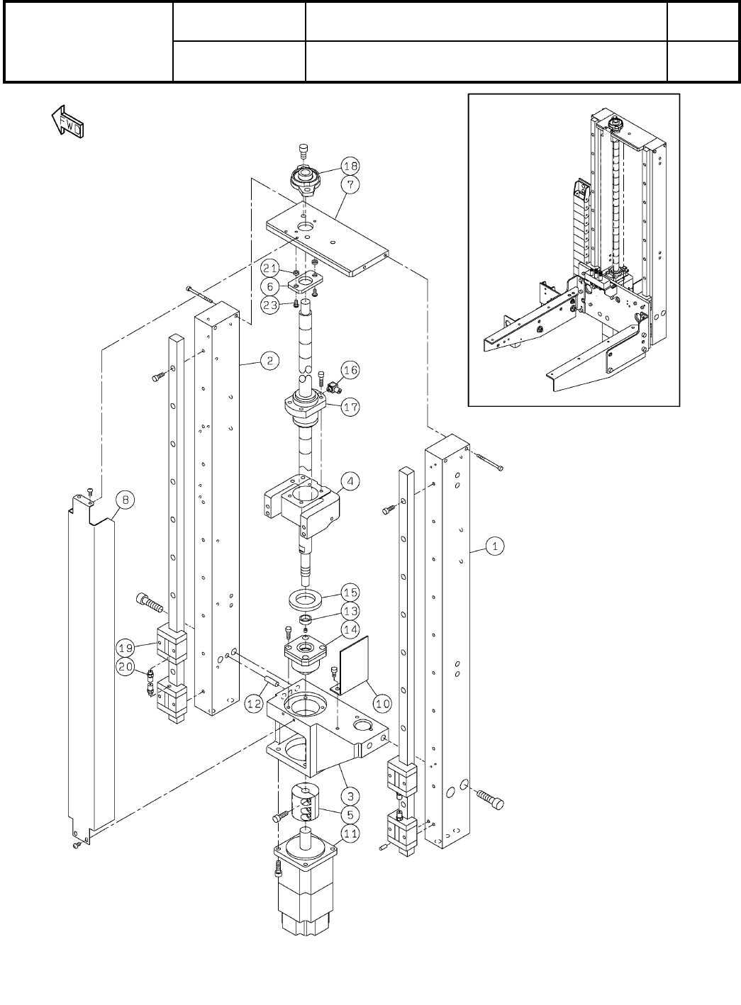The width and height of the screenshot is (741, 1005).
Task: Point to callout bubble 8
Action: tap(124, 500)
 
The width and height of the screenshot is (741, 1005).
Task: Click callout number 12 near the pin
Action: tap(255, 704)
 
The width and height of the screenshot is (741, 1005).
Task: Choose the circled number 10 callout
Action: tap(383, 703)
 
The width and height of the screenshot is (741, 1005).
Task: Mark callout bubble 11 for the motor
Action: tap(351, 833)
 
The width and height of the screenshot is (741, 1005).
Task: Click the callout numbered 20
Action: tap(125, 666)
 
